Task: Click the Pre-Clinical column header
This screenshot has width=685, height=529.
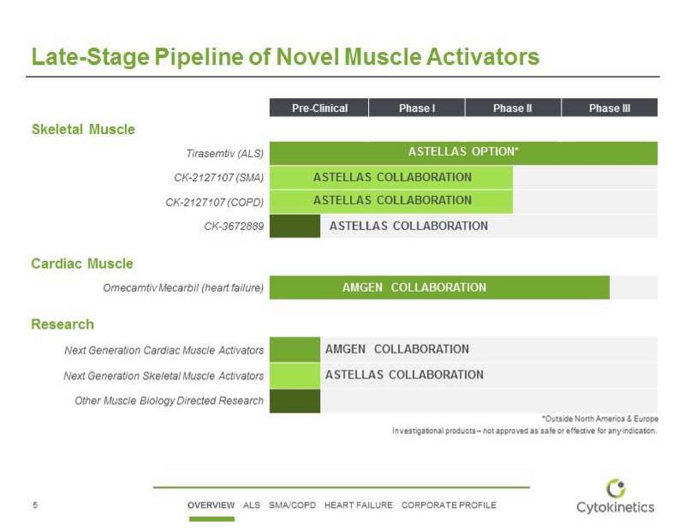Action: tap(319, 108)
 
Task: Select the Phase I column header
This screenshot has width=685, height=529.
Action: tap(417, 108)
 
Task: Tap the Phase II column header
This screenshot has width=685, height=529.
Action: tap(513, 108)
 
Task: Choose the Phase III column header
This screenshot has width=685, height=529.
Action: tap(610, 108)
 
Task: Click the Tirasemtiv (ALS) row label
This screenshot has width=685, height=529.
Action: tap(225, 154)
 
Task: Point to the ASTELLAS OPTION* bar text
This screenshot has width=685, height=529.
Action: tap(463, 151)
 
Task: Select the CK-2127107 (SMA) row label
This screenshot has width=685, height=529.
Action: tap(219, 178)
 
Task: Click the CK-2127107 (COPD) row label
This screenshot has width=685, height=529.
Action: tap(215, 202)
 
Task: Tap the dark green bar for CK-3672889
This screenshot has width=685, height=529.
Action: tap(295, 226)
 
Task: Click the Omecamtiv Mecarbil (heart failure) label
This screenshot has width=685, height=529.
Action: tap(183, 288)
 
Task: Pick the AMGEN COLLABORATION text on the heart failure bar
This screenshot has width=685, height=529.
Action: tap(414, 287)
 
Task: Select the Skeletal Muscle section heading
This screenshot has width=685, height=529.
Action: tap(83, 129)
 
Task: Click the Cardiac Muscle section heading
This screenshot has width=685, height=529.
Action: tap(82, 263)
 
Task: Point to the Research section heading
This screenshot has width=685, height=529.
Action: tap(63, 324)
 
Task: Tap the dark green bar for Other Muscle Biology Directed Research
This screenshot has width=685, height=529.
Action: tap(295, 401)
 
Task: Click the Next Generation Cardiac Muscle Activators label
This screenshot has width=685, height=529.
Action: tap(164, 350)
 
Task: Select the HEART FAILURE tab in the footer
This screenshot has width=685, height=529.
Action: tap(359, 505)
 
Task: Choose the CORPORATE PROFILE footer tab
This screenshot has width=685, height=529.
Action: tap(449, 505)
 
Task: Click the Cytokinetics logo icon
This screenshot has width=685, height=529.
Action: tap(616, 488)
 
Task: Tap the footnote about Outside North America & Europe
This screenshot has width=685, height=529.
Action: tap(600, 419)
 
